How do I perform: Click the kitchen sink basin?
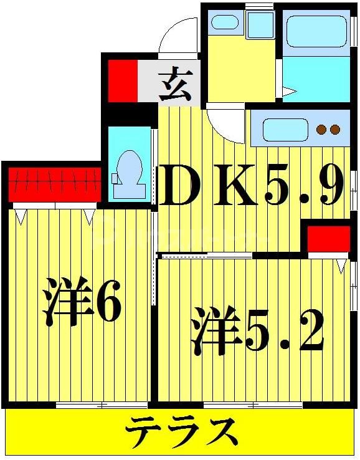pyautogui.click(x=285, y=130)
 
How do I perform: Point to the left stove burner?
pyautogui.click(x=322, y=130)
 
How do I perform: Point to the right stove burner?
pyautogui.click(x=334, y=130)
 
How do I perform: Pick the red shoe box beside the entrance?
pyautogui.click(x=121, y=80)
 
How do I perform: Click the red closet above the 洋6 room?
pyautogui.click(x=54, y=183)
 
